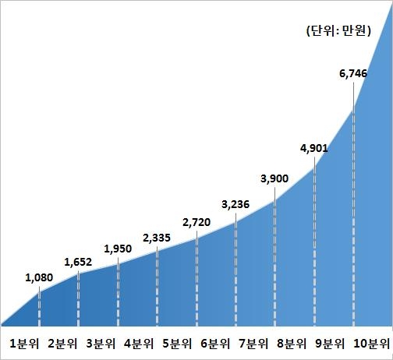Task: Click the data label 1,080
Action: tap(39, 277)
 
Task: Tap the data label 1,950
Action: tap(119, 249)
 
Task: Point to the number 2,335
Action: tap(158, 237)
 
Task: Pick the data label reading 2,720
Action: tap(196, 222)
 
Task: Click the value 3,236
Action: tap(236, 205)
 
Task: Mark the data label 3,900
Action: tap(274, 178)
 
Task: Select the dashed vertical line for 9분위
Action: tap(314, 242)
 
